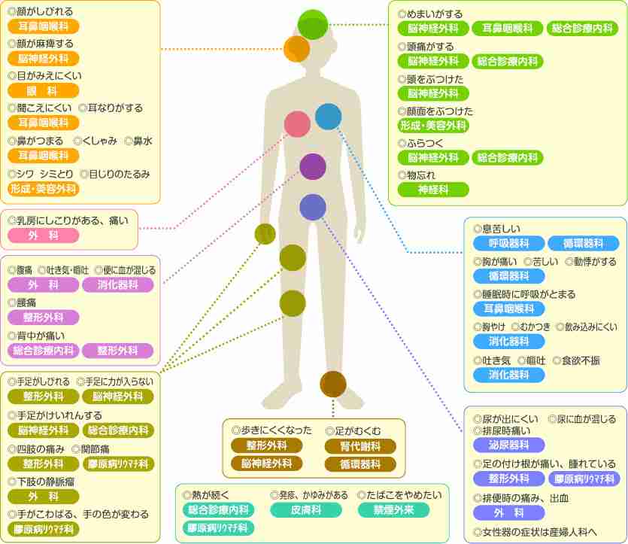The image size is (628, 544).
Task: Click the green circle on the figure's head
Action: tap(313, 25)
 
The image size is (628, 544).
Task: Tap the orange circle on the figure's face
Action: tap(297, 49)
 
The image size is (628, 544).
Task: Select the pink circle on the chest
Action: tap(297, 124)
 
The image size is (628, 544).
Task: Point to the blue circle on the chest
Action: tap(329, 117)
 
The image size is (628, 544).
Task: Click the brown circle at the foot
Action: tap(333, 384)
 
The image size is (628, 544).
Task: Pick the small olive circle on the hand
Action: tap(265, 234)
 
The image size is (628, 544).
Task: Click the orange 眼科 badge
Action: tap(44, 91)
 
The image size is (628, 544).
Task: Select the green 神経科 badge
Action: tap(433, 190)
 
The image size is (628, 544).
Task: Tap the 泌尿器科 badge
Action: tap(508, 445)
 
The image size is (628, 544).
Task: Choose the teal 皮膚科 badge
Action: tap(306, 510)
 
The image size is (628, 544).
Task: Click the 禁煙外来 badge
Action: tap(393, 510)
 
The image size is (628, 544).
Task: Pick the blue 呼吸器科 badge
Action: tap(508, 243)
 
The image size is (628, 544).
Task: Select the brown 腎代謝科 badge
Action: tap(360, 446)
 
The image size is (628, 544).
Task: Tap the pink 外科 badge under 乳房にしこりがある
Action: tap(44, 236)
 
